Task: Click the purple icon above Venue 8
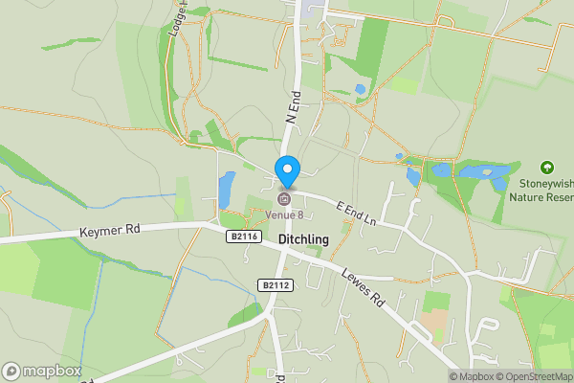(284, 199)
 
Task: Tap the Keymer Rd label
(111, 230)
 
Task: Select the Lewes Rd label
(366, 286)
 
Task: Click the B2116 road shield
(244, 236)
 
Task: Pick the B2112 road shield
(275, 285)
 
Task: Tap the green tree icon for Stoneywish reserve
(547, 167)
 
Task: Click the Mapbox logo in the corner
(41, 371)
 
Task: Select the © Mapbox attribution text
(476, 376)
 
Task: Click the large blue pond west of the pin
(227, 189)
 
